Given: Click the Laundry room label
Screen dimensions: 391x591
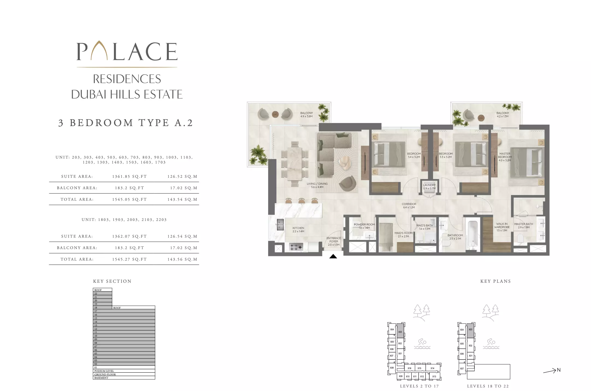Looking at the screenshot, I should coord(429,186).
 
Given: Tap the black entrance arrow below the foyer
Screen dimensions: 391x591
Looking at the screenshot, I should coord(333,256).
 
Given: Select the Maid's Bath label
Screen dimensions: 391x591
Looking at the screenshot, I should coord(424,227).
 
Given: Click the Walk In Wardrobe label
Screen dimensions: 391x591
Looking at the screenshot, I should coord(502,227).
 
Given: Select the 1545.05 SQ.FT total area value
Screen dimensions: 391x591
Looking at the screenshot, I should coord(129,200).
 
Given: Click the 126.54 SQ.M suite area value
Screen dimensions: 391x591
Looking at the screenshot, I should coord(182,236).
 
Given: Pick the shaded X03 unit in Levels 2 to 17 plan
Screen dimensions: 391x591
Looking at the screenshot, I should coord(400,332).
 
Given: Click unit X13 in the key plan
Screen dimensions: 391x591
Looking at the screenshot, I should coord(434,376).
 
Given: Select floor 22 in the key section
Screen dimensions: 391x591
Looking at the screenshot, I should coord(102,293).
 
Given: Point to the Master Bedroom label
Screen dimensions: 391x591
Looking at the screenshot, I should coord(504,157).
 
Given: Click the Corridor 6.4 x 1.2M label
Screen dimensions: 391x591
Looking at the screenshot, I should coord(409,206).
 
